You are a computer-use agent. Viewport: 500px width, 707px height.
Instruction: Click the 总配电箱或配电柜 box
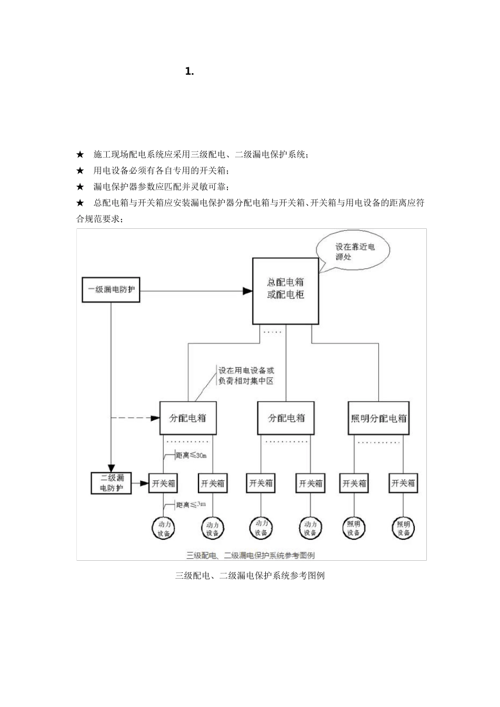285,290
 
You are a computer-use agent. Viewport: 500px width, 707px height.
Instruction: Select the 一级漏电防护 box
111,290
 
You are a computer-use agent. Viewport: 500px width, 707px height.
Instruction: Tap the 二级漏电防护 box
111,483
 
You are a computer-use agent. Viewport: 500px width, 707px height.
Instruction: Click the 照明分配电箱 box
379,419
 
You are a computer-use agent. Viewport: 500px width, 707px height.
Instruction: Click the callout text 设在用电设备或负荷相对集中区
246,376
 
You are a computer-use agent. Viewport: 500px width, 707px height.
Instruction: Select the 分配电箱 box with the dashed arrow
188,419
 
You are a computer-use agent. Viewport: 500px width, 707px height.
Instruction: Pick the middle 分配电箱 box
286,419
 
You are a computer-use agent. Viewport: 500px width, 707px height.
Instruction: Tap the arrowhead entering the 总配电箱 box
247,290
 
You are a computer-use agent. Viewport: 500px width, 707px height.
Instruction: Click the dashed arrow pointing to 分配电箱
137,419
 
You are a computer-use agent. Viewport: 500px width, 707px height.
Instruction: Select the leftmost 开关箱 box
163,483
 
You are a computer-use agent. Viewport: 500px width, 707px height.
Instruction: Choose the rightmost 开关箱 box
403,483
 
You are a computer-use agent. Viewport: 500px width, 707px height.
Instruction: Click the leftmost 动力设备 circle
163,528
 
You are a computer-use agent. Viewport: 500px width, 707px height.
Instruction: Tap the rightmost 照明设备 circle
403,528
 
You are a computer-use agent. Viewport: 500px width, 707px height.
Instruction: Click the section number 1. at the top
189,72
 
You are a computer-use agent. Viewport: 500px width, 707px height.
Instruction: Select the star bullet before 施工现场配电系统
80,155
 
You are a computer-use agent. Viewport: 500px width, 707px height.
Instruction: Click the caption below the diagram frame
250,575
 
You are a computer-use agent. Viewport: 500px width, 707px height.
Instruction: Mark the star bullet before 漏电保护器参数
80,187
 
